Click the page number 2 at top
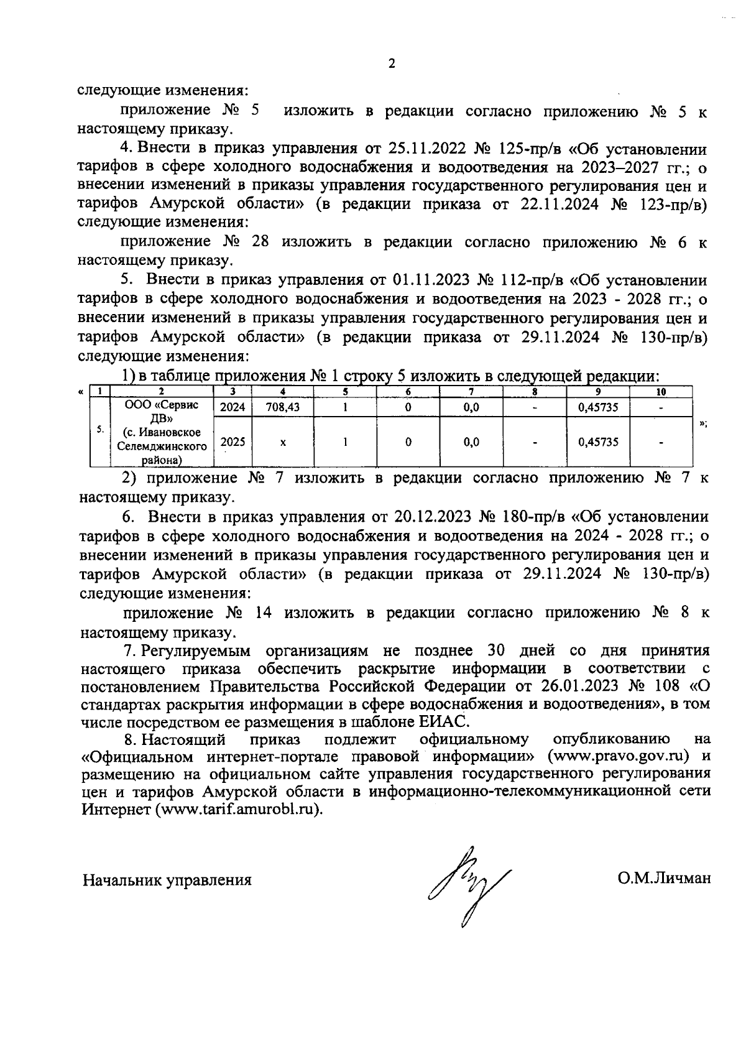click(391, 63)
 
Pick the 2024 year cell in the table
click(233, 407)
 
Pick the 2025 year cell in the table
click(233, 442)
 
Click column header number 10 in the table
click(661, 392)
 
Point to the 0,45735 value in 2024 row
click(597, 407)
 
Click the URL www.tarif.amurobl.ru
click(239, 811)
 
